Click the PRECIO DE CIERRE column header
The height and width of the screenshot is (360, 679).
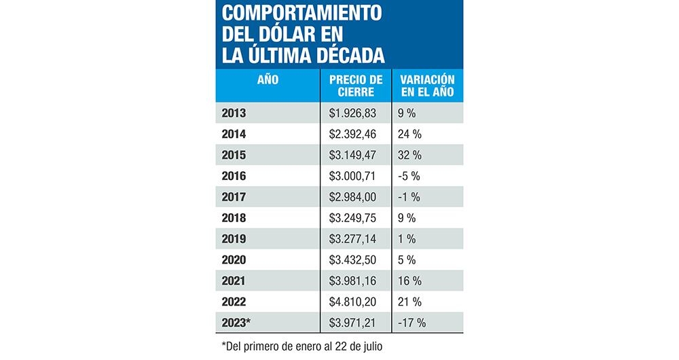[355, 86]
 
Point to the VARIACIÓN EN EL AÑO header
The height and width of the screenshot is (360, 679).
[427, 86]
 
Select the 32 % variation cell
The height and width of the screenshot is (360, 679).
[410, 155]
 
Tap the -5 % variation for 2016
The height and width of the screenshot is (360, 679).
[410, 176]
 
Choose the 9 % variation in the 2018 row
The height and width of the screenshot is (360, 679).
[407, 218]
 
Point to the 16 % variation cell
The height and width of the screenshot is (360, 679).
[410, 281]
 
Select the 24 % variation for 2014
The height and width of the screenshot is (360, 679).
[410, 134]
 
